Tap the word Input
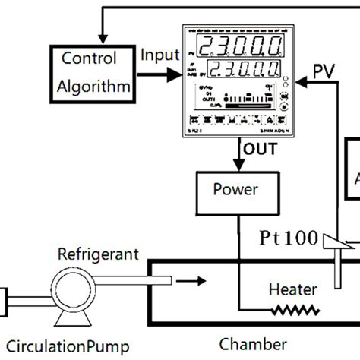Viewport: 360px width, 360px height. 160,55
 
